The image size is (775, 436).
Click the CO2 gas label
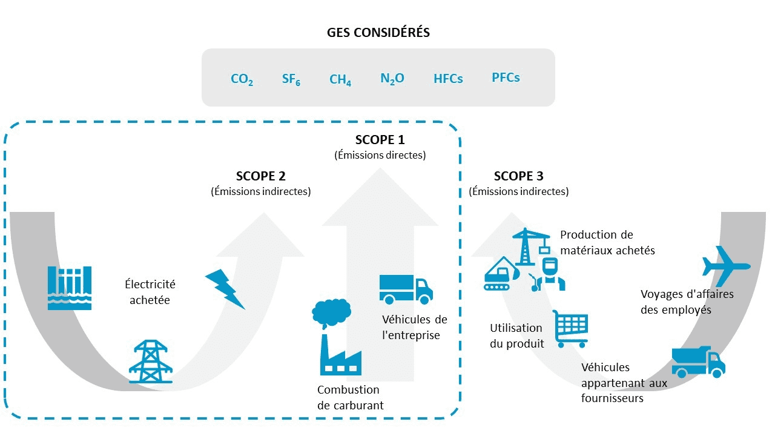[242, 79]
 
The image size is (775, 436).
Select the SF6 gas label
[291, 79]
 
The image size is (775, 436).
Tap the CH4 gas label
[340, 79]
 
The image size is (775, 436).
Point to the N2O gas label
[392, 79]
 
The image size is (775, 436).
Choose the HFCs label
[448, 79]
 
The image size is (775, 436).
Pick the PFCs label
[506, 78]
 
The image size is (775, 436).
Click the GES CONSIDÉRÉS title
[378, 33]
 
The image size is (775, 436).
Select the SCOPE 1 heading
[380, 140]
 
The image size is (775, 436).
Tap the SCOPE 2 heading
[260, 176]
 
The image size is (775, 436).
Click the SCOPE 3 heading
[518, 176]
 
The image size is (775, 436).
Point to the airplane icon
[725, 264]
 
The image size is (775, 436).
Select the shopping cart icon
[570, 329]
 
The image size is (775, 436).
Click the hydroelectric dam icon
[70, 288]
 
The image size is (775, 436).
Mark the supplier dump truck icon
[698, 362]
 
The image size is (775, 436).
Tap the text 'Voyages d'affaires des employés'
[687, 302]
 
